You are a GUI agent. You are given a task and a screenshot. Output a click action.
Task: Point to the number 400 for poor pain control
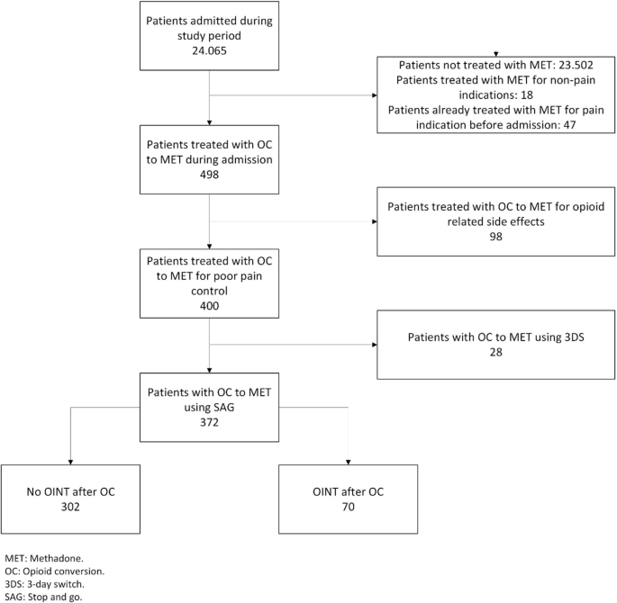point(209,307)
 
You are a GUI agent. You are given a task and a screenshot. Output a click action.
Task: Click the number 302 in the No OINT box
point(70,507)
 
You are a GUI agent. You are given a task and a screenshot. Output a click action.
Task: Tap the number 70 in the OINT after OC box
point(348,507)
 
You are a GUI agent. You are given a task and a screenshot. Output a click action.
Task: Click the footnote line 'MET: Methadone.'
point(41,558)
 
